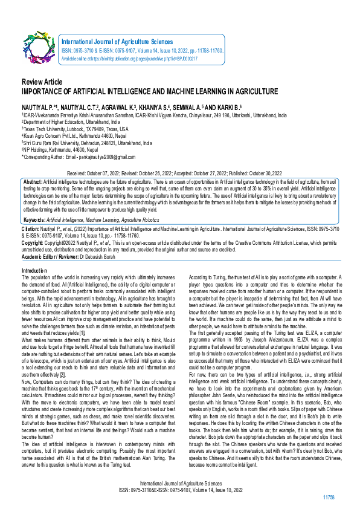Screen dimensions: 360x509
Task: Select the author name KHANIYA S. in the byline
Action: [x=169, y=105]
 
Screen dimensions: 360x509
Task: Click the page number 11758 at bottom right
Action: [x=329, y=496]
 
